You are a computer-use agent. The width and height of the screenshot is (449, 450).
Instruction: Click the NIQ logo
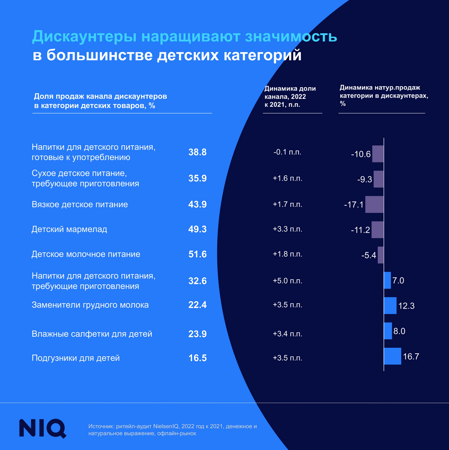[x=42, y=428]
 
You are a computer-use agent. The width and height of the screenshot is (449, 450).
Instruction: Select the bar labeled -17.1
[x=374, y=204]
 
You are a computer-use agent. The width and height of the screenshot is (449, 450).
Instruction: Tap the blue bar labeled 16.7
[x=392, y=356]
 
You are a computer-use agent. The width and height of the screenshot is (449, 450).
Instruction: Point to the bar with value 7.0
[x=387, y=280]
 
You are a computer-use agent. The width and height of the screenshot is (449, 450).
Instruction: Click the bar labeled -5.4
[x=380, y=255]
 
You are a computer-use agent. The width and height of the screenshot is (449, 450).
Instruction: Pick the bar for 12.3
[x=390, y=306]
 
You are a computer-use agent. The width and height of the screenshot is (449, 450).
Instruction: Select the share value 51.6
[x=197, y=254]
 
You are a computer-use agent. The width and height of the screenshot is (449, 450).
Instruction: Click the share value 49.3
[x=197, y=229]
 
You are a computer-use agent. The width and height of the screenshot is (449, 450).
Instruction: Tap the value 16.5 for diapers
[x=197, y=358]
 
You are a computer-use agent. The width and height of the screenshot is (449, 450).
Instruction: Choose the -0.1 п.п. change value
[x=287, y=152]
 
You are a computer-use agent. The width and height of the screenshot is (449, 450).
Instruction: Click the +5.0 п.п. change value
[x=287, y=281]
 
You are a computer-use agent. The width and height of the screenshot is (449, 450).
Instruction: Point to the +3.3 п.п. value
[x=287, y=229]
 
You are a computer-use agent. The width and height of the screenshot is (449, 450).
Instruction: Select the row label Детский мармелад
[x=69, y=229]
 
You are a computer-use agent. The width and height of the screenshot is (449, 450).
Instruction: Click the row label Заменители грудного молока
[x=90, y=305]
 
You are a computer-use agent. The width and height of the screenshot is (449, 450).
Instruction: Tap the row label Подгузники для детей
[x=76, y=358]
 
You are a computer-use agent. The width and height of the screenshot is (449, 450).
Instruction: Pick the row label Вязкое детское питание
[x=80, y=205]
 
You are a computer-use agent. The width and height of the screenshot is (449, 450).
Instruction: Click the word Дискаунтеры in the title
[x=84, y=37]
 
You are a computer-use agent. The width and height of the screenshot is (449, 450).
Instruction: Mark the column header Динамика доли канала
[x=290, y=97]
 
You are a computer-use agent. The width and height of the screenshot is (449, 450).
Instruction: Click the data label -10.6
[x=361, y=154]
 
